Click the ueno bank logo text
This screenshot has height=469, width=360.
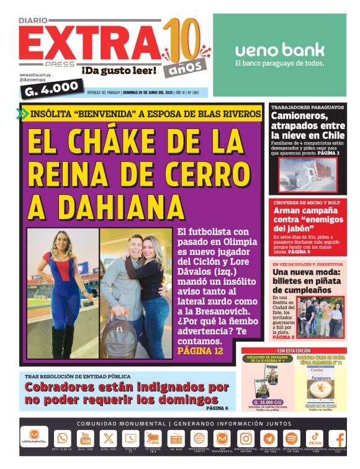point(279,50)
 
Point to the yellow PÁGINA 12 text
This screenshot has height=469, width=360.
point(200,351)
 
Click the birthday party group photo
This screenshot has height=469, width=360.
point(322,318)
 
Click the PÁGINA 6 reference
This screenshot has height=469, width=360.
point(217,408)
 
